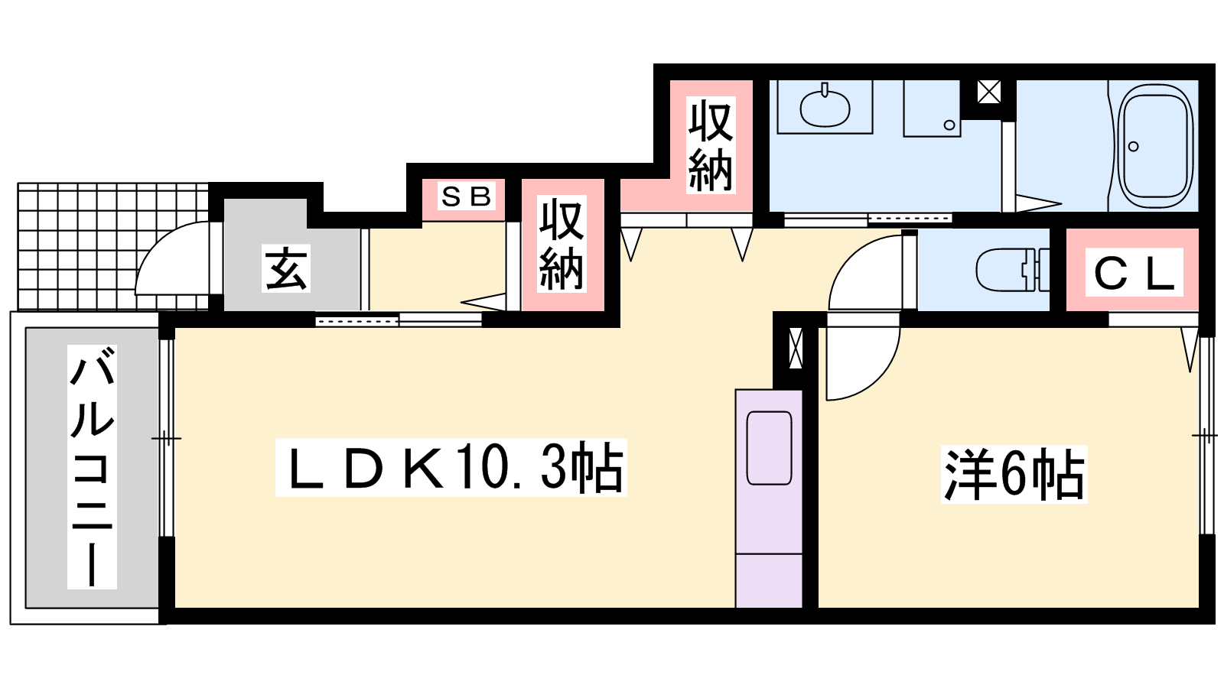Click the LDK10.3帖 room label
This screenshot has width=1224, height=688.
click(451, 467)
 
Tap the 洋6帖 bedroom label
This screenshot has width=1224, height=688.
click(1014, 474)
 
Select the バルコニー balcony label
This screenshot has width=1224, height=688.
click(92, 467)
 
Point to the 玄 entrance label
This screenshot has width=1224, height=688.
click(286, 268)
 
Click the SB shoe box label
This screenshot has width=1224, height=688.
click(466, 196)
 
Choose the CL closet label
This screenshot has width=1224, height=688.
click(1134, 272)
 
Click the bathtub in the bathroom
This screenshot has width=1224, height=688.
click(1154, 146)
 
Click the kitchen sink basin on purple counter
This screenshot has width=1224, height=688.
click(769, 448)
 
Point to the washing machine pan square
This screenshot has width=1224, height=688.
click(932, 108)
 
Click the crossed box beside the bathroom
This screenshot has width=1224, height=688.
click(988, 92)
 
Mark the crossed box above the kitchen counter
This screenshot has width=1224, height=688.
click(796, 348)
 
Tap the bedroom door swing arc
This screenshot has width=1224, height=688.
click(881, 377)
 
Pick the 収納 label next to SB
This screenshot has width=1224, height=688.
click(562, 244)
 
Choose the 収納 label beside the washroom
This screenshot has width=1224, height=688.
click(711, 145)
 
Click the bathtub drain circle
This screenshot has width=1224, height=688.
click(1133, 146)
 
